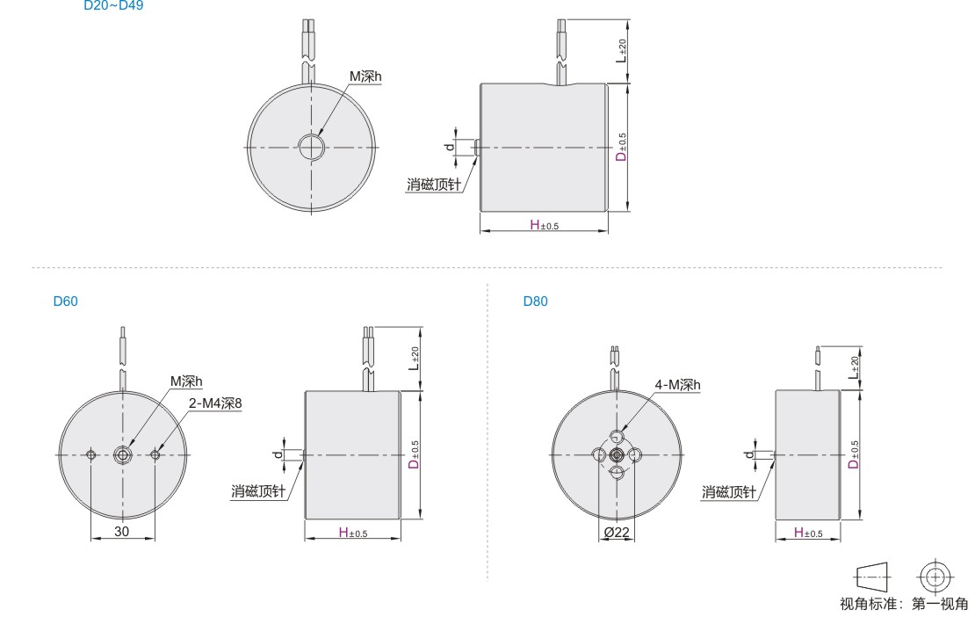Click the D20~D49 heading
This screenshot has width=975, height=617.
click(114, 5)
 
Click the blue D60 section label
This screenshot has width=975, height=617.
click(65, 301)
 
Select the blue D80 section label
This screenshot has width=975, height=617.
click(536, 301)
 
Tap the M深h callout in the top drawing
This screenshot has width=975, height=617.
click(365, 76)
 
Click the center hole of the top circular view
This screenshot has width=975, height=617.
click(312, 148)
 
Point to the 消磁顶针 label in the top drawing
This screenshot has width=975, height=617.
click(434, 184)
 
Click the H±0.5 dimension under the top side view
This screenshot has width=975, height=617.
click(544, 225)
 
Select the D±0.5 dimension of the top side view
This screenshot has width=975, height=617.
click(621, 148)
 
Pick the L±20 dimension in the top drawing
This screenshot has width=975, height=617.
click(621, 50)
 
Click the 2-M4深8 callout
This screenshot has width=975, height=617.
click(215, 403)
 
